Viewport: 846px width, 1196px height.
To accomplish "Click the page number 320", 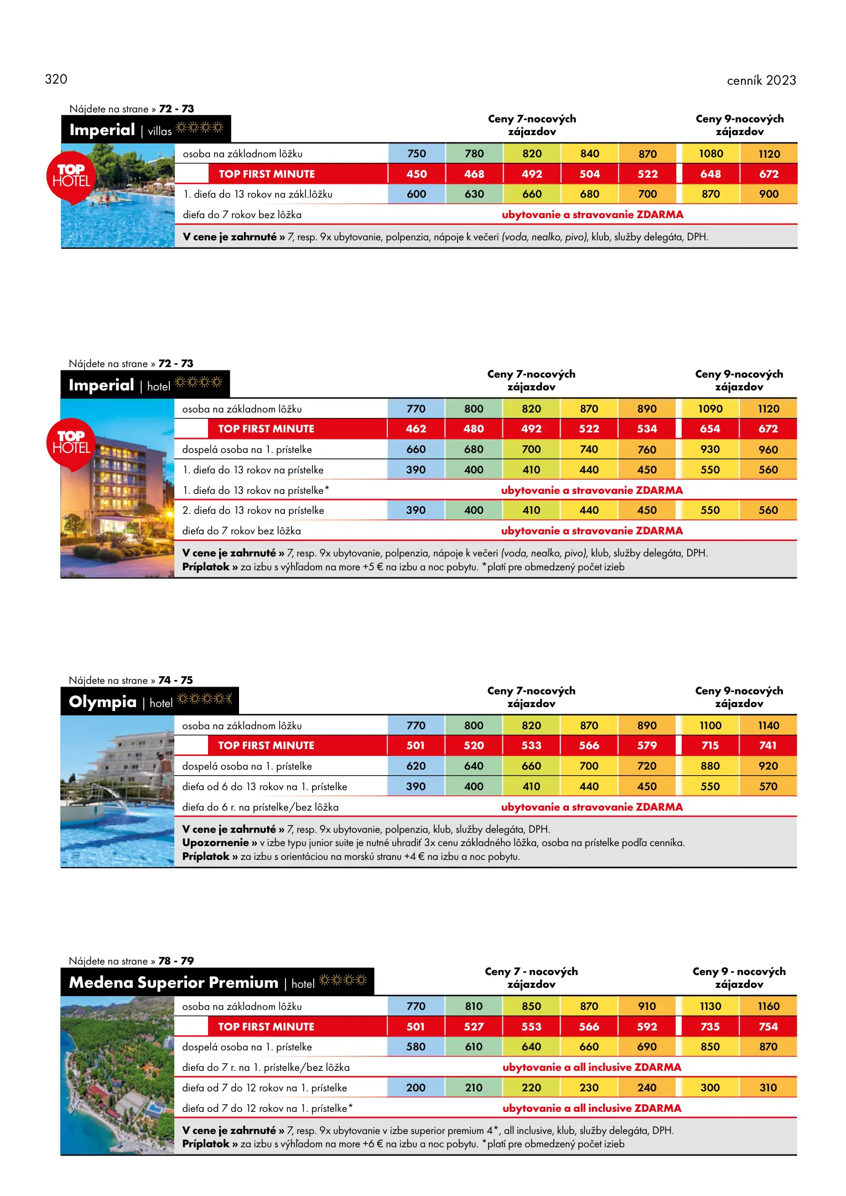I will (x=56, y=79).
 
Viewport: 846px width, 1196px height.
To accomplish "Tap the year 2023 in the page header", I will (x=781, y=80).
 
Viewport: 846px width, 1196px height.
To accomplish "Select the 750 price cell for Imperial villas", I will (x=417, y=153).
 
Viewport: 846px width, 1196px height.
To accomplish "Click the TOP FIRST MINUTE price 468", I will (x=474, y=174).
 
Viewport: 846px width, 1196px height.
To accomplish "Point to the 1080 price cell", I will (x=710, y=153).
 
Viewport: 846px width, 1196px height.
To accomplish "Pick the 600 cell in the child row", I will (x=417, y=194).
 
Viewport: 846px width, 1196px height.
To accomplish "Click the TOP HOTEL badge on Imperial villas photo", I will (x=71, y=176).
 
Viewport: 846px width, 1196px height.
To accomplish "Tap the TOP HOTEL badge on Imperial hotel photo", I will (x=71, y=443).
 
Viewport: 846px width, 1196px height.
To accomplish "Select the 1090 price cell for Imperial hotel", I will (x=710, y=409).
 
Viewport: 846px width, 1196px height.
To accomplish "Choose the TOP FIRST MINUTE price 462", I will (x=416, y=429).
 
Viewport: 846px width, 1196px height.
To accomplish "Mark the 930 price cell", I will (x=710, y=449).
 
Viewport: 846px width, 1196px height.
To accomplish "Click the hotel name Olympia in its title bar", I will (x=102, y=702).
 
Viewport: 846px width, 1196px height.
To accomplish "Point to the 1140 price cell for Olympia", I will (x=768, y=725).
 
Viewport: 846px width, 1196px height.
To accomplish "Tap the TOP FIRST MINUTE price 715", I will (x=710, y=745).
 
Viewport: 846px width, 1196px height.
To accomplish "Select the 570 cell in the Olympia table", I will (x=768, y=786).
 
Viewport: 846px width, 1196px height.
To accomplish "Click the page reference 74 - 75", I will (x=175, y=680).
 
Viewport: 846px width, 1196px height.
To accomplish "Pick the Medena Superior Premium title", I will (x=173, y=982).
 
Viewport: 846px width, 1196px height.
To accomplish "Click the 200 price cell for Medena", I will (x=416, y=1087).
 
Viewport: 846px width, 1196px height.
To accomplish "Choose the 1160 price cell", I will (x=768, y=1006).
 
